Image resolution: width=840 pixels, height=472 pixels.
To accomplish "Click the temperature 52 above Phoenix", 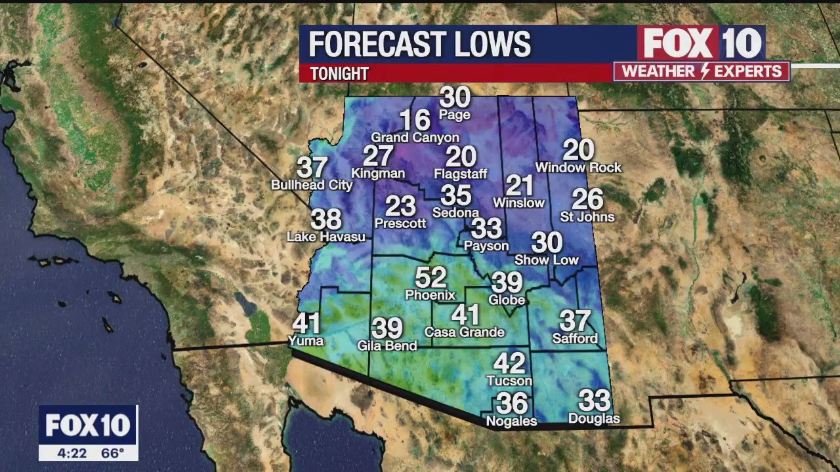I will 430,277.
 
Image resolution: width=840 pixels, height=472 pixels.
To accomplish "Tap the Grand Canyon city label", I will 415,138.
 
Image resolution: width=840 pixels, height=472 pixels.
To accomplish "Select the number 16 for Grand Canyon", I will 415,120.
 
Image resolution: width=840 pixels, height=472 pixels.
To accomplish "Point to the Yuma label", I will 306,341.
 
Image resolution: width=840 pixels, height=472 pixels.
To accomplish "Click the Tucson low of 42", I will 509,363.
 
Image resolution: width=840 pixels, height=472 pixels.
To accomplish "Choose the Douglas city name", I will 594,418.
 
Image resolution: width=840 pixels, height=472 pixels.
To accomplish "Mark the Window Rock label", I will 578,168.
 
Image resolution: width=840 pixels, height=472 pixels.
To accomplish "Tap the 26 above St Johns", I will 587,199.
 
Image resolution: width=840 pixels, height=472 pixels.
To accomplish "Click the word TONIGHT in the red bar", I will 339,73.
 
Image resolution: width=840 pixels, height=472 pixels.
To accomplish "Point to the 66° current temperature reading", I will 112,453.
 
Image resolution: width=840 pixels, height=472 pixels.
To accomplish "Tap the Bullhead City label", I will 312,186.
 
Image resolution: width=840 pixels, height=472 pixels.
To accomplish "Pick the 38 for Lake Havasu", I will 325,219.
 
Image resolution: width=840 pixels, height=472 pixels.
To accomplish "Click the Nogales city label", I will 511,422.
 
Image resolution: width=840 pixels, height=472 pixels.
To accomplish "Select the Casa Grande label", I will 464,332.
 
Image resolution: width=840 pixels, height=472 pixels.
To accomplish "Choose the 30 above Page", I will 455,98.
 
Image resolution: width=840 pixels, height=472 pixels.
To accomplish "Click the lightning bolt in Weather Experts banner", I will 701,71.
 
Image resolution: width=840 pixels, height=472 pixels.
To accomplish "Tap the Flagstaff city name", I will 461,174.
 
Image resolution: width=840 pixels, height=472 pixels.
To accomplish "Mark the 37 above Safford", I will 575,321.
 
